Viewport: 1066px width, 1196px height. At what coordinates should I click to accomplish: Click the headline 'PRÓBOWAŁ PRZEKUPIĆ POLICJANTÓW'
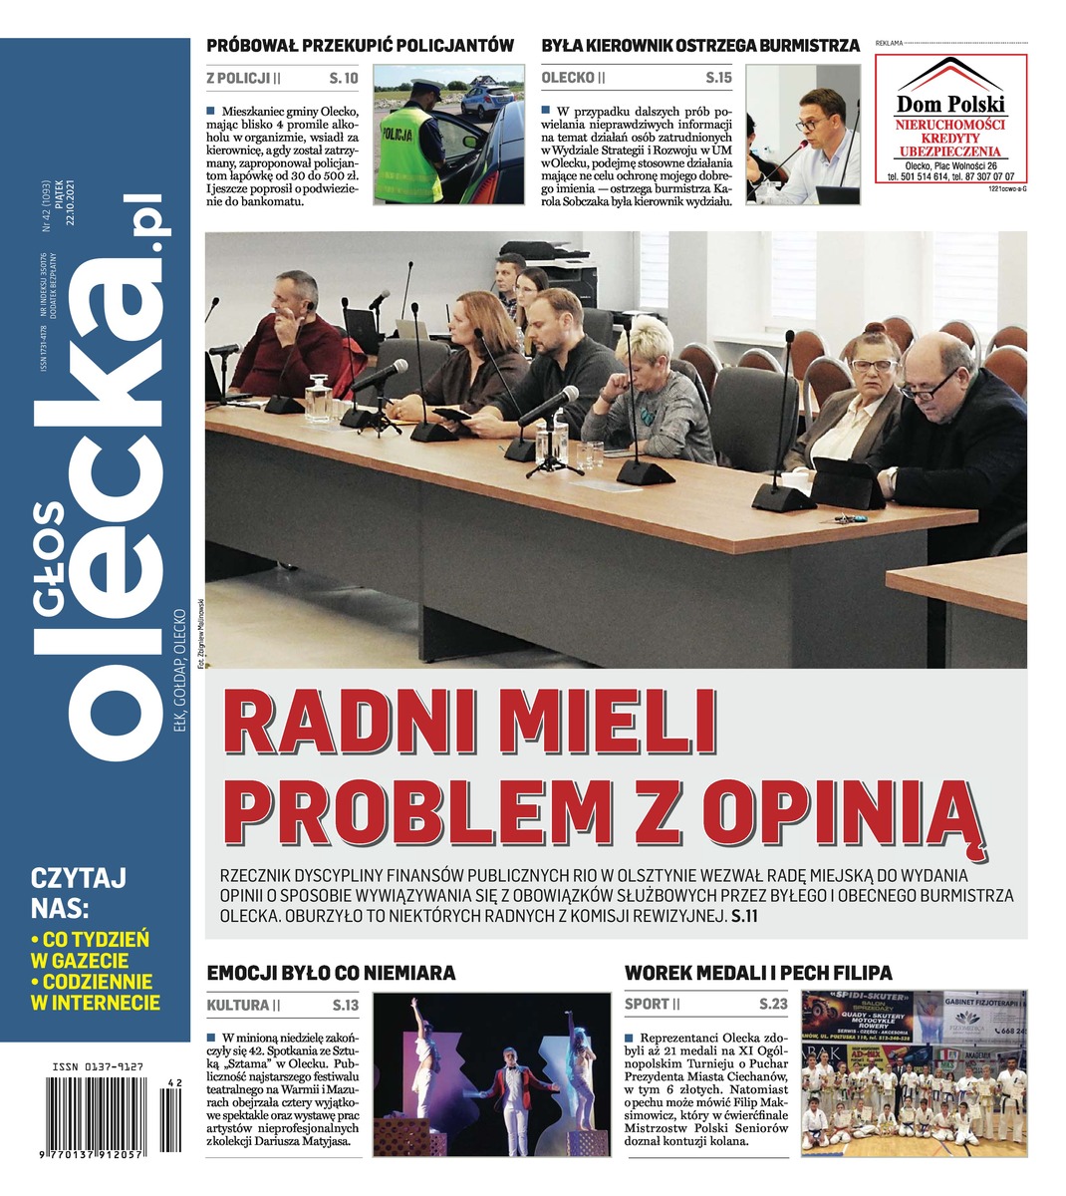pyautogui.click(x=360, y=45)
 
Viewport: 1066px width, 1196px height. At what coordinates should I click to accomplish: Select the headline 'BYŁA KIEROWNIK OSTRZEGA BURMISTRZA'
pyautogui.click(x=700, y=45)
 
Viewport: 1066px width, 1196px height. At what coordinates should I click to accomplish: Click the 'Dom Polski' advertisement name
pyautogui.click(x=951, y=103)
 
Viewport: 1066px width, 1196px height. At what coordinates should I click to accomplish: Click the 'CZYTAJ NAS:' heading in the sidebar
pyautogui.click(x=79, y=893)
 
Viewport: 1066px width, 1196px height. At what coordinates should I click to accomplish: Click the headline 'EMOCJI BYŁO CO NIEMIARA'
pyautogui.click(x=331, y=972)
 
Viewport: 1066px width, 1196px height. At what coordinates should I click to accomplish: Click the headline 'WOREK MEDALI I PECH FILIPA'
pyautogui.click(x=758, y=972)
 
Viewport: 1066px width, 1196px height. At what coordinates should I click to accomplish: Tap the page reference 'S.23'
pyautogui.click(x=773, y=1005)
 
